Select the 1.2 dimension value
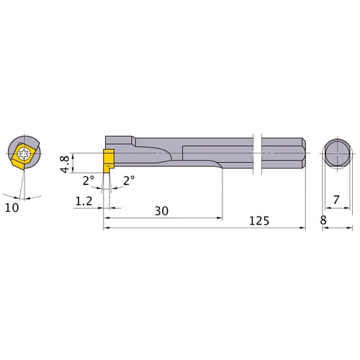click(x=84, y=203)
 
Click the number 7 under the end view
click(x=336, y=199)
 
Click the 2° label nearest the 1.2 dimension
click(x=87, y=181)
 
